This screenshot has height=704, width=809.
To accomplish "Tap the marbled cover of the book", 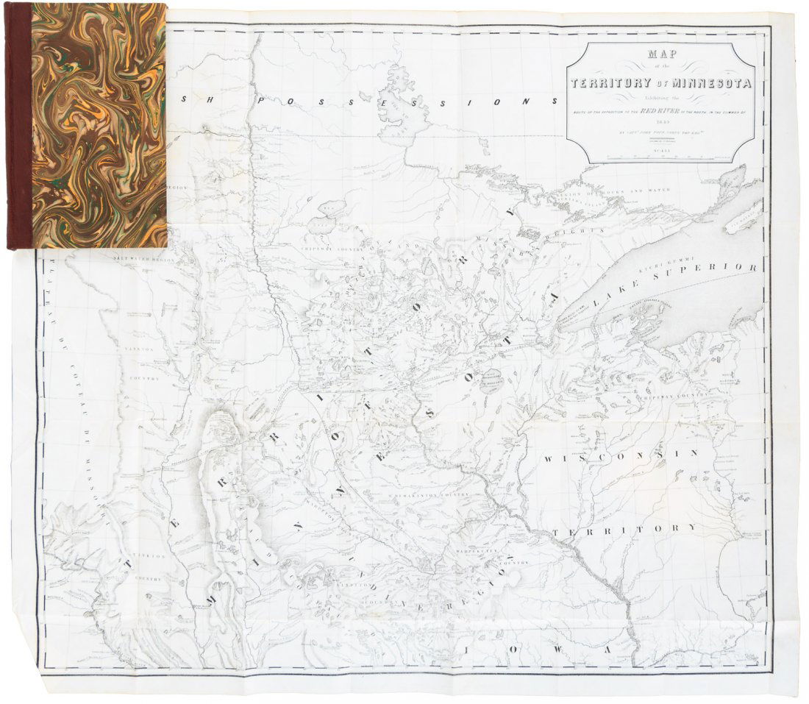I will [99, 125].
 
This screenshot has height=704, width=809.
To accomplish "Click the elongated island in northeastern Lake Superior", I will [747, 213].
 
